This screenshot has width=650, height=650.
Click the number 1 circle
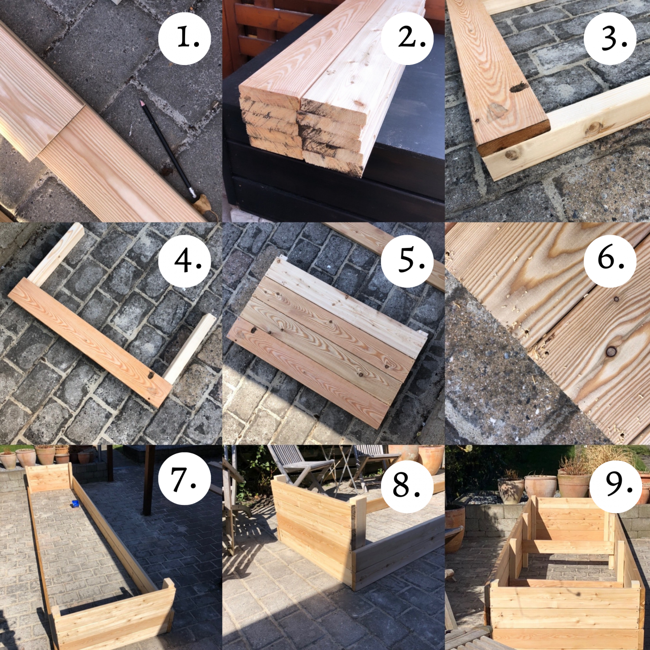tap(185, 39)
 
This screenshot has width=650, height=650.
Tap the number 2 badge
tap(407, 39)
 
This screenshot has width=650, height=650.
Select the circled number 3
tap(610, 39)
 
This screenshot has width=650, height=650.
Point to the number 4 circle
tap(185, 261)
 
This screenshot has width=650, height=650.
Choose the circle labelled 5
tap(407, 261)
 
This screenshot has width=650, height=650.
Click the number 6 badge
tap(610, 261)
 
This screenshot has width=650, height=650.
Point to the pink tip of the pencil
tap(140, 103)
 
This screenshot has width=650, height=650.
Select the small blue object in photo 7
tap(75, 504)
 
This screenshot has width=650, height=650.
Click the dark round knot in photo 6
tap(611, 351)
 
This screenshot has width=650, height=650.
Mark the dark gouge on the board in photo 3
tap(518, 88)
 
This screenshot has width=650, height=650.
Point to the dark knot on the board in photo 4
tap(151, 376)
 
